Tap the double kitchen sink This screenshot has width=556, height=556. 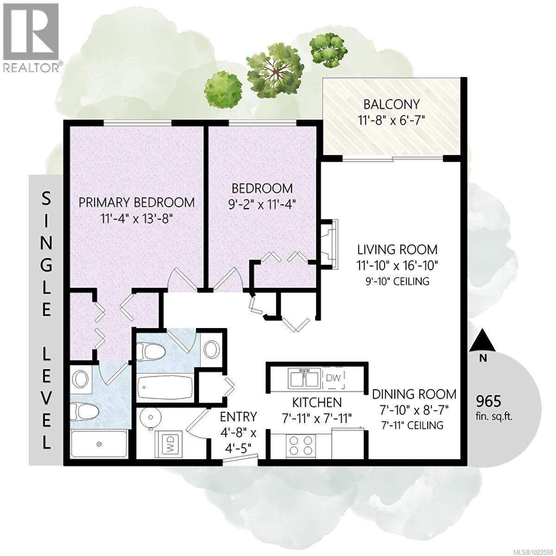pos(304,379)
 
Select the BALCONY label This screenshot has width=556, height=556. pos(392,104)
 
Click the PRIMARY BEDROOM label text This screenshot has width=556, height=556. pos(136,202)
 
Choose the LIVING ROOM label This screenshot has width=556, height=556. pos(397,249)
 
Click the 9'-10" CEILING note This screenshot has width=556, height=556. pos(397,281)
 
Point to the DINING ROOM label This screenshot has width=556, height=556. pos(414,394)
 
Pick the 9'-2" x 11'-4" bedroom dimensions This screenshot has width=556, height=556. pos(262,204)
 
